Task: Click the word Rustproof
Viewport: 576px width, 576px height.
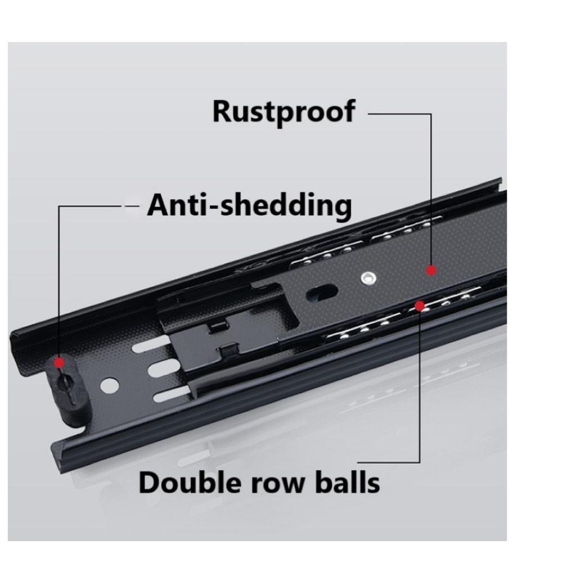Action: coord(283,111)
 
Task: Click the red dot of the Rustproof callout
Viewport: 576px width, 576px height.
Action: coord(431,271)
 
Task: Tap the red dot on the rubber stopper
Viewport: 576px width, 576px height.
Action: coord(58,363)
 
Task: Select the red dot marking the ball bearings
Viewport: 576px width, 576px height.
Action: coord(420,306)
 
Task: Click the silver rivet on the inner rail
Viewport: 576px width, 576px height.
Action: coord(368,277)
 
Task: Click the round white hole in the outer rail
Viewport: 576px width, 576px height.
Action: coord(110,385)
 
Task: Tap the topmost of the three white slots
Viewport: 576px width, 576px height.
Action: coord(151,344)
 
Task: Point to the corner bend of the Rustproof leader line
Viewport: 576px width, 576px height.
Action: coord(431,114)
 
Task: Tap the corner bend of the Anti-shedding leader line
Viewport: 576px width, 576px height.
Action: coord(59,206)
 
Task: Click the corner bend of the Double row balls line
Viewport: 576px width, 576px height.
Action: coord(420,462)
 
